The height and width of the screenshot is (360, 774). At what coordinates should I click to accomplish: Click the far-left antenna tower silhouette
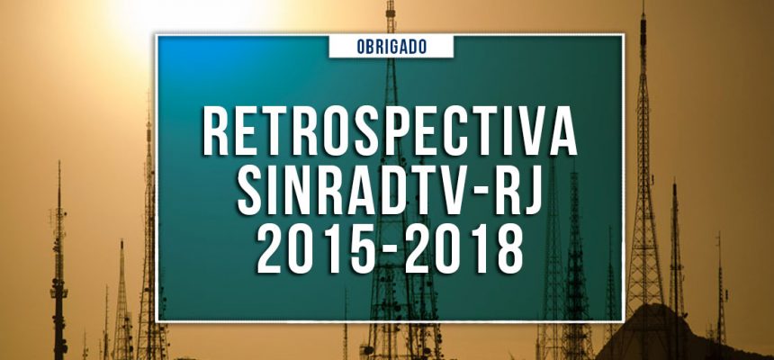coord(59,270)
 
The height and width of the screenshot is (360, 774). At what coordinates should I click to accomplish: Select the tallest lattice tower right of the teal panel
coord(644,180)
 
